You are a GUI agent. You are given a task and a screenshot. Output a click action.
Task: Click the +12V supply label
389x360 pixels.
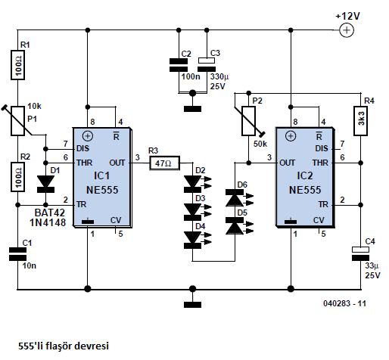pos(347,17)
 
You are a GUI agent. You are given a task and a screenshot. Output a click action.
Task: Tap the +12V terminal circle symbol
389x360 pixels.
pos(347,30)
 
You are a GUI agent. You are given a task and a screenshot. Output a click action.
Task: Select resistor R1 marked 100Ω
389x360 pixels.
pos(17,65)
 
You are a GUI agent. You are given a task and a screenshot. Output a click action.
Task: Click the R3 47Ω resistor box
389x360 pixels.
pos(164,163)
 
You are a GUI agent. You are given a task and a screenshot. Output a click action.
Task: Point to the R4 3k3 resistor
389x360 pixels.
pos(360,121)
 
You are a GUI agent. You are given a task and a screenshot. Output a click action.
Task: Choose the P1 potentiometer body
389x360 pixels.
pos(17,121)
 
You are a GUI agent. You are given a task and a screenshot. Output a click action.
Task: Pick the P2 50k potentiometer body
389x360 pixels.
pos(249,121)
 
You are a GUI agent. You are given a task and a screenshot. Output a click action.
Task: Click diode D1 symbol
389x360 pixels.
pos(45,184)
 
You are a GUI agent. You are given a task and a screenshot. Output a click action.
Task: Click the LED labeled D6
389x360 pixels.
pos(235,198)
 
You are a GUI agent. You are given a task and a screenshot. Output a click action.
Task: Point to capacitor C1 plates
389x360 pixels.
pos(17,254)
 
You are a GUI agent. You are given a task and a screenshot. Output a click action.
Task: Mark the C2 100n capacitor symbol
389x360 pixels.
pos(179,65)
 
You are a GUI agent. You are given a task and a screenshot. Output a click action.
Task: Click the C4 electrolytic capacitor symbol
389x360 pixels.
pos(360,253)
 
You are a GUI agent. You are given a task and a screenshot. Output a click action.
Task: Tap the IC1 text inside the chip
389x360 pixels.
pos(102,175)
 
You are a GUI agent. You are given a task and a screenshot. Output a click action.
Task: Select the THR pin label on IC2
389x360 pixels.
pos(320,163)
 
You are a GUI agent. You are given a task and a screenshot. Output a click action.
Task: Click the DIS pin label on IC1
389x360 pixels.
pos(83,148)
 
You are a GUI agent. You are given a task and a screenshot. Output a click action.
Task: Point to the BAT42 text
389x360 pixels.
pos(50,213)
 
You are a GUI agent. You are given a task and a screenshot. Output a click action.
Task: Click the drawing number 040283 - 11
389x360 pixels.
pos(344,303)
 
